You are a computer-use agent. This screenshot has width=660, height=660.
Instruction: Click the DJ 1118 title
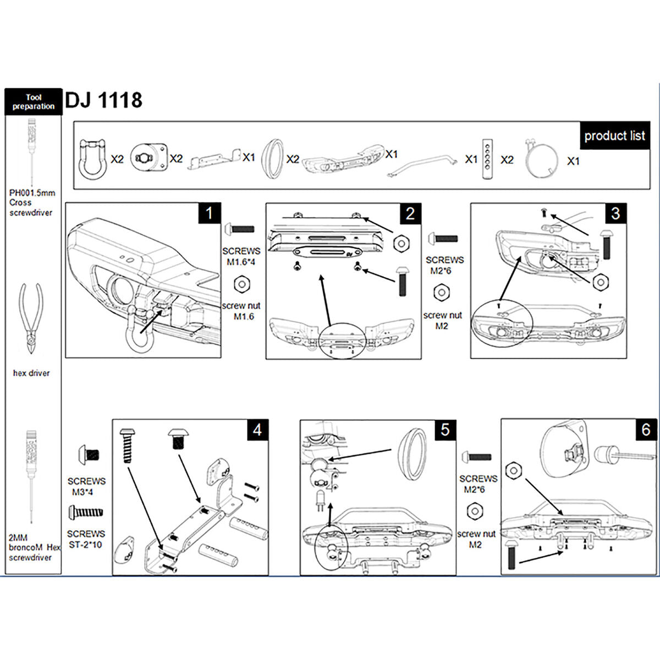pyautogui.click(x=103, y=100)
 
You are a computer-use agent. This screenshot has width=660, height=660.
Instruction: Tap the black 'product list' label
pyautogui.click(x=614, y=136)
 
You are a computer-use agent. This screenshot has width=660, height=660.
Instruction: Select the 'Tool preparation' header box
pyautogui.click(x=34, y=102)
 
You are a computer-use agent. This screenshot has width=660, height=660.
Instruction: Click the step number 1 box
pyautogui.click(x=209, y=213)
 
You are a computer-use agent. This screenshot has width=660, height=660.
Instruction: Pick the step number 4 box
pyautogui.click(x=257, y=430)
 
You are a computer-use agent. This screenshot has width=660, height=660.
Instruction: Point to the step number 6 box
pyautogui.click(x=646, y=430)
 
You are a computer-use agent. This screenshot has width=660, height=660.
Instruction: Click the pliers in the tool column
pyautogui.click(x=31, y=318)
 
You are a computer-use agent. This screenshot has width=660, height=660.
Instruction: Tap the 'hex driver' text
pyautogui.click(x=31, y=373)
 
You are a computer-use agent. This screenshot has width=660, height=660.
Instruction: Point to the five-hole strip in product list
pyautogui.click(x=487, y=159)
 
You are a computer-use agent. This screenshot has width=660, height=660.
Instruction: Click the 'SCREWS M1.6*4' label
pyautogui.click(x=241, y=256)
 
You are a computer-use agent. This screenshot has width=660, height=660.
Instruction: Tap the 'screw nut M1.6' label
pyautogui.click(x=241, y=311)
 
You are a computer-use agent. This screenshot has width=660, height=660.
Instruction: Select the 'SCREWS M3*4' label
pyautogui.click(x=86, y=487)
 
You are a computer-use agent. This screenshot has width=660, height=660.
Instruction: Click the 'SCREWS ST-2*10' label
pyautogui.click(x=86, y=539)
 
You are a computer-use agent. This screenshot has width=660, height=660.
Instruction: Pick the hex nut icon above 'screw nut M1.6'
pyautogui.click(x=242, y=284)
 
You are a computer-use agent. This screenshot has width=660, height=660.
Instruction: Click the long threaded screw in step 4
pyautogui.click(x=127, y=446)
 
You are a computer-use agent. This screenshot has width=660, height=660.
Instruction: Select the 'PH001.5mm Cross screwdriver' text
pyautogui.click(x=32, y=203)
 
